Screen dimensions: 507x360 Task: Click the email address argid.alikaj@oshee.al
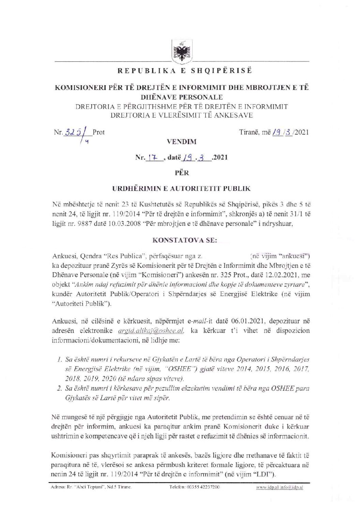[x=151, y=331]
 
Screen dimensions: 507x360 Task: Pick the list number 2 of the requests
[x=59, y=389]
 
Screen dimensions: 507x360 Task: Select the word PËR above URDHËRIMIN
[x=181, y=173]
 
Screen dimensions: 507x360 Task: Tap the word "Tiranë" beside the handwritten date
[x=250, y=132]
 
